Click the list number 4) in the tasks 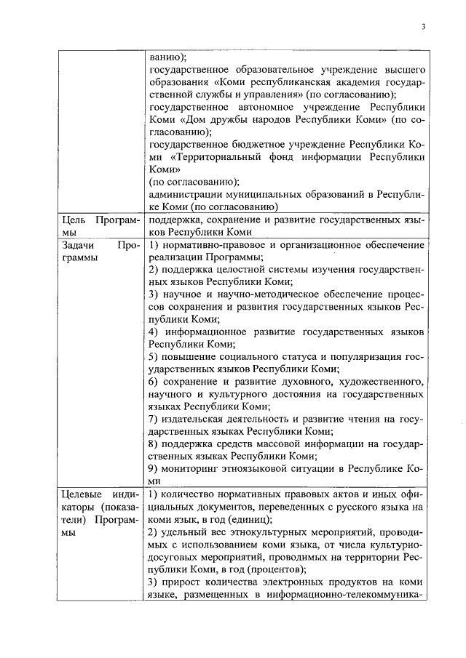[153, 332]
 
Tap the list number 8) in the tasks [153, 444]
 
